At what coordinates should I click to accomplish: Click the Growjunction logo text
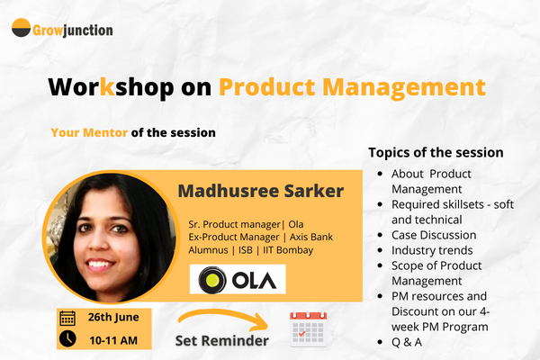pos(74,30)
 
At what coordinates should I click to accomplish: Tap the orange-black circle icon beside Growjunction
pos(21,29)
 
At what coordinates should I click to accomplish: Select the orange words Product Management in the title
pos(352,87)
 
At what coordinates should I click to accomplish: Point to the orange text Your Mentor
pos(89,132)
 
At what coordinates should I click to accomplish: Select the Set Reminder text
pos(221,342)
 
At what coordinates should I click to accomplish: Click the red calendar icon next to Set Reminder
pos(307,329)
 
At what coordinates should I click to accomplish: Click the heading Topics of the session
pos(436,152)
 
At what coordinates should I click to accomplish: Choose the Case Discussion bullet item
pos(434,235)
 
